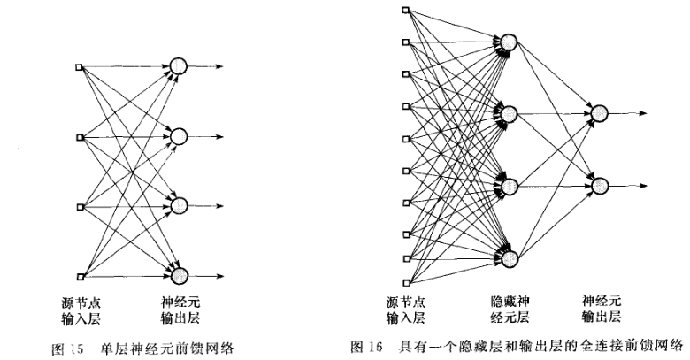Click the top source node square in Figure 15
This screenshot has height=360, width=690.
click(80, 66)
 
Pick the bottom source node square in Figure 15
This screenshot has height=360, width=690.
click(80, 275)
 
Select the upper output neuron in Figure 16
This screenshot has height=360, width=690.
click(600, 114)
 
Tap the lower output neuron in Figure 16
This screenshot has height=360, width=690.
click(600, 186)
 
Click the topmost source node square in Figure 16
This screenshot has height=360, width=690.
click(405, 11)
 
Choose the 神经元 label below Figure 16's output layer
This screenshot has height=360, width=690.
click(601, 299)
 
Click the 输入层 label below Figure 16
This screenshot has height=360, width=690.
click(405, 315)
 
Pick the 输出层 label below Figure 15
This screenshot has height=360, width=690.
click(181, 316)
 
